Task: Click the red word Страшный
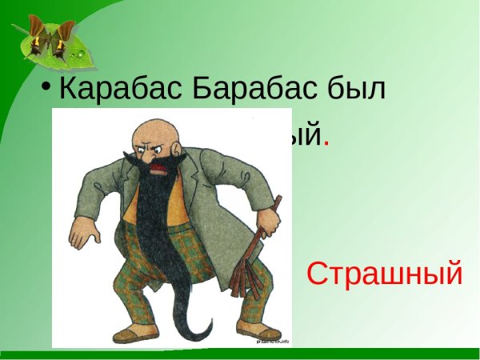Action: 385,274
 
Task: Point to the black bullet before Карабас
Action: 49,85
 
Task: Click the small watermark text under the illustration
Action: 272,341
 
